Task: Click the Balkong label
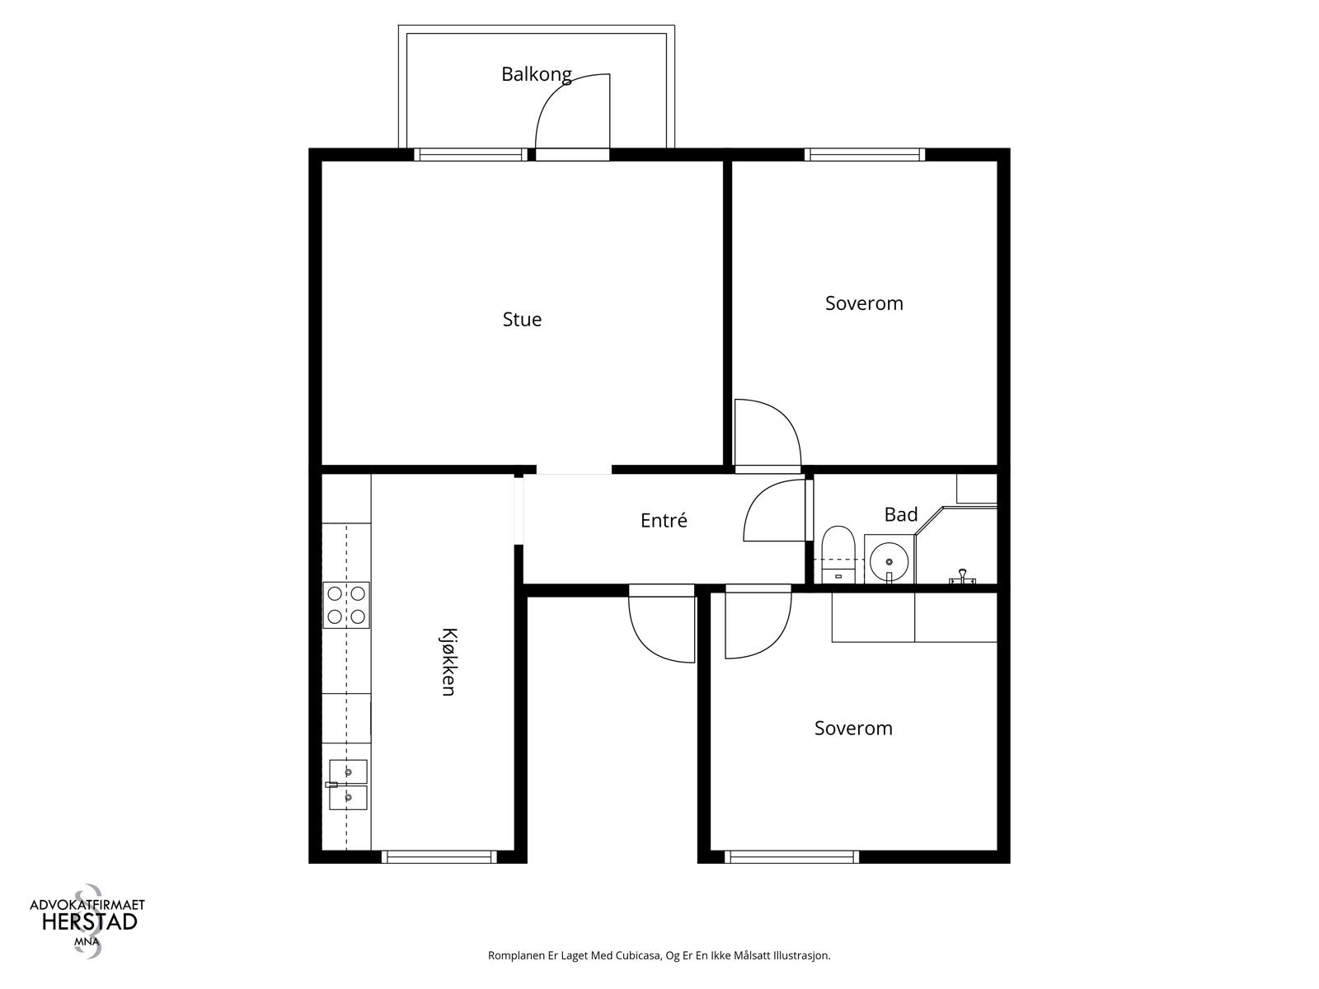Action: point(536,74)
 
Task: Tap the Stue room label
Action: point(522,320)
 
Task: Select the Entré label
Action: point(664,520)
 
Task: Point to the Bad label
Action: point(901,514)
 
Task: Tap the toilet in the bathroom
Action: point(838,555)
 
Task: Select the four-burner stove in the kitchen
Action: point(346,605)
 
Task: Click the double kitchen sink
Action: point(347,785)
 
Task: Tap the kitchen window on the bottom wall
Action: point(439,857)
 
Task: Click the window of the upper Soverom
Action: point(865,154)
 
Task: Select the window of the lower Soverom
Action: point(791,857)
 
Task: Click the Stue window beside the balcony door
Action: point(471,154)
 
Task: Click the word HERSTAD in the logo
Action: point(90,921)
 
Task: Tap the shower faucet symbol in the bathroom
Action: point(962,576)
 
